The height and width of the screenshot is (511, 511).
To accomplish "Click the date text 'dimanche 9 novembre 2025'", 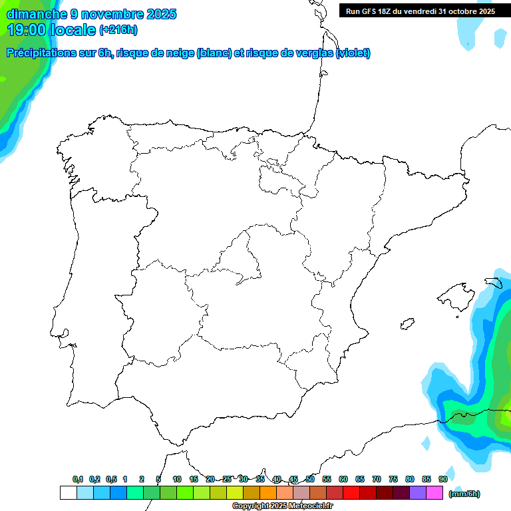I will click(91, 14).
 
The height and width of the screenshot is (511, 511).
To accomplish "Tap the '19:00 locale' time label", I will click(52, 29).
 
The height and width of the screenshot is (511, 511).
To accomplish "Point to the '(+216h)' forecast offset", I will click(118, 30).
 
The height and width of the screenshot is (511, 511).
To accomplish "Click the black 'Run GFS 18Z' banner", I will click(420, 11).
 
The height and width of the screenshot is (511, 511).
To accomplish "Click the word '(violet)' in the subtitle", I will click(353, 53).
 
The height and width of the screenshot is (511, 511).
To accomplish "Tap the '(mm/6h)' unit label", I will click(464, 494).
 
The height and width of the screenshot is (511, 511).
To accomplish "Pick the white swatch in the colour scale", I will click(68, 493).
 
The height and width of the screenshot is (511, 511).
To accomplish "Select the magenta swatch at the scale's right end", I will click(434, 493).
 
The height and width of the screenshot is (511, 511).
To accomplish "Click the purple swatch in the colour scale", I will click(418, 493).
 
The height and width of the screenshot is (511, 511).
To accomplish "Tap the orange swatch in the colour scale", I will click(268, 493).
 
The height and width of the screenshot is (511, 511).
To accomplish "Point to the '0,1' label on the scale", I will click(78, 479).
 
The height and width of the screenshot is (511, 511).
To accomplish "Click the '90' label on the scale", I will click(442, 479).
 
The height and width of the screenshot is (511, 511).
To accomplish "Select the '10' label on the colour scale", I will click(177, 479).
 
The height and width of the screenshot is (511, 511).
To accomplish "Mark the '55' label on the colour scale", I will click(327, 479).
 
